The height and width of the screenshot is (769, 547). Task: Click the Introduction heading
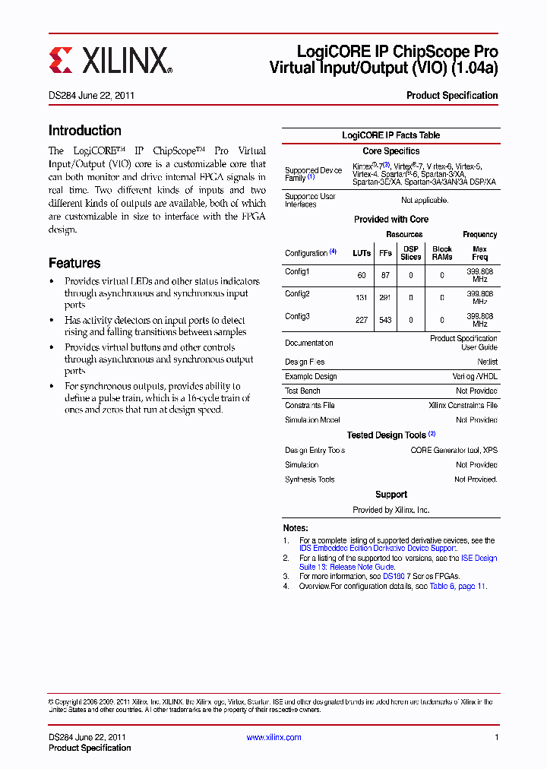point(84,131)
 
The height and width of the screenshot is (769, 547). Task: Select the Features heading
point(74,263)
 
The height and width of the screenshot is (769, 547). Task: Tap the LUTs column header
point(362,253)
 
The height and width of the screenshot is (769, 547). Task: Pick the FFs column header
point(385,253)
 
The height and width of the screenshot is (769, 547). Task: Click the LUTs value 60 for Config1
point(362,276)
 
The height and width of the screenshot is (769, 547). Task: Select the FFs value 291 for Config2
point(385,298)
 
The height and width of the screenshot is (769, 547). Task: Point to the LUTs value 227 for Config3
point(362,320)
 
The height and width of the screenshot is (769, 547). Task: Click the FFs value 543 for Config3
point(385,320)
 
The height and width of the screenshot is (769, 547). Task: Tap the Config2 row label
point(298,293)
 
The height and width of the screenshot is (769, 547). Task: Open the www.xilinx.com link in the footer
point(273,737)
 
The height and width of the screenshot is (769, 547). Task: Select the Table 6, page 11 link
point(457,587)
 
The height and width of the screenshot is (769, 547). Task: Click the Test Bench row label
point(302,391)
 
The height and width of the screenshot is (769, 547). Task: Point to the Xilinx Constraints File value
point(463,406)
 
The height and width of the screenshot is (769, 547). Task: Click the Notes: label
point(296,528)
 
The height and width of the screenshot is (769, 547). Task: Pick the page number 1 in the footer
point(496,737)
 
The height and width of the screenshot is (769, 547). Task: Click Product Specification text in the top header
point(452,96)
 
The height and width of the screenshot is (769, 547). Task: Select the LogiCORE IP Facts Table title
point(390,135)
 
